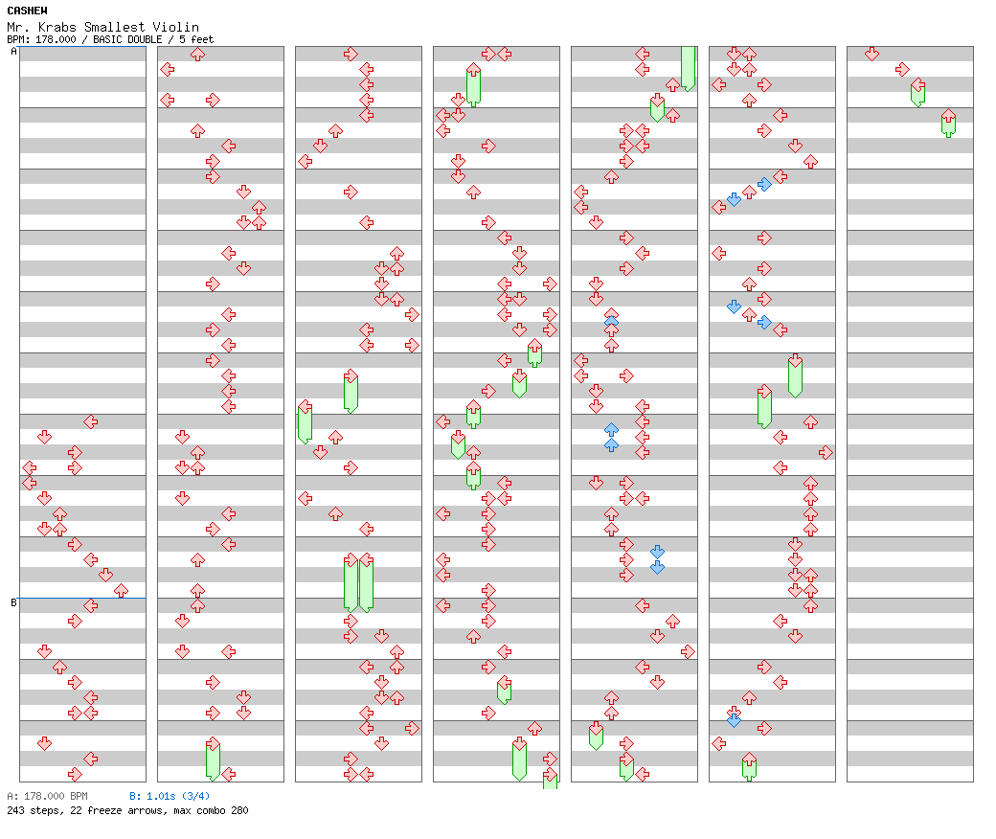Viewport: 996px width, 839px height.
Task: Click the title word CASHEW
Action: pos(27,11)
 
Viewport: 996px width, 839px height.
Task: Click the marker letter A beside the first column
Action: pos(13,52)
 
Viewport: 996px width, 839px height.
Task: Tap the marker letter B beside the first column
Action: pos(13,602)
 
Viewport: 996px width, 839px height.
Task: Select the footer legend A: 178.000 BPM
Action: pos(47,796)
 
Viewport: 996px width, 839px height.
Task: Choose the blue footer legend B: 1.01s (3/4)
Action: pos(170,796)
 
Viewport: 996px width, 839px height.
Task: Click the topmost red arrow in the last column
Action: pos(871,54)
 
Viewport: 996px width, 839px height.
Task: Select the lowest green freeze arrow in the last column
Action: pos(948,123)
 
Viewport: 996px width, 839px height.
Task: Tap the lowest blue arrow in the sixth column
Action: pos(734,720)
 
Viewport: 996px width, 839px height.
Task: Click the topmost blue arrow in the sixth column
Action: pos(764,184)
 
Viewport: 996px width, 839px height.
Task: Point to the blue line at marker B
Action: pos(82,598)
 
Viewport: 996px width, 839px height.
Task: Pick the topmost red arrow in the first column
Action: pos(90,421)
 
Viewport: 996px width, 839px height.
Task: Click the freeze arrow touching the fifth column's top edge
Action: pos(688,67)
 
